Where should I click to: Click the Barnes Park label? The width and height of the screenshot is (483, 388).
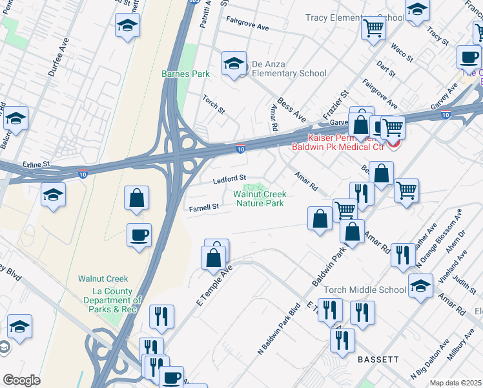[x=185, y=74]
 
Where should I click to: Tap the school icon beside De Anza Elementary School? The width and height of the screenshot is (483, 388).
[x=234, y=63]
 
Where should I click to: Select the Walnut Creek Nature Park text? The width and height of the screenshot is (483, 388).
[x=259, y=199]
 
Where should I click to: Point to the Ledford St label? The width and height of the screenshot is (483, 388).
[x=230, y=178]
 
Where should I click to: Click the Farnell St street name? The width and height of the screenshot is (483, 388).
[x=204, y=208]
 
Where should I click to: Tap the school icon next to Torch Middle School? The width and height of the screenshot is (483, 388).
[x=420, y=285]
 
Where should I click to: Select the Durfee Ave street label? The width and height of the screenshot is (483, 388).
[x=58, y=57]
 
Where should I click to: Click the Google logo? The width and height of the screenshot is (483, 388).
[x=21, y=380]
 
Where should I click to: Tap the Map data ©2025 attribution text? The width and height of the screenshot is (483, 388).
[x=455, y=383]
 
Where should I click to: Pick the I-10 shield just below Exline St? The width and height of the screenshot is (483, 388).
[x=83, y=173]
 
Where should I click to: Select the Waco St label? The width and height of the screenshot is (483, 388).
[x=403, y=52]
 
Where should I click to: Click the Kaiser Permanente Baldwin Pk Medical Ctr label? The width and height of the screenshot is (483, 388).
[x=347, y=143]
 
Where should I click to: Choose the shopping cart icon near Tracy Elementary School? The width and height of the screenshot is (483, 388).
[x=373, y=28]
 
